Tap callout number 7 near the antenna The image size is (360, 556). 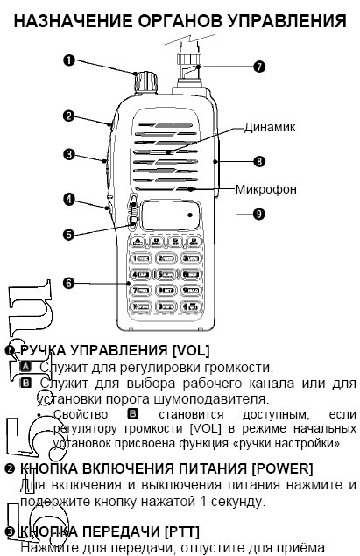click(258, 66)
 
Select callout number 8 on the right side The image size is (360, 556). click(259, 161)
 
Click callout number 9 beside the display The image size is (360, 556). click(259, 213)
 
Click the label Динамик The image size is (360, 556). click(270, 127)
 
